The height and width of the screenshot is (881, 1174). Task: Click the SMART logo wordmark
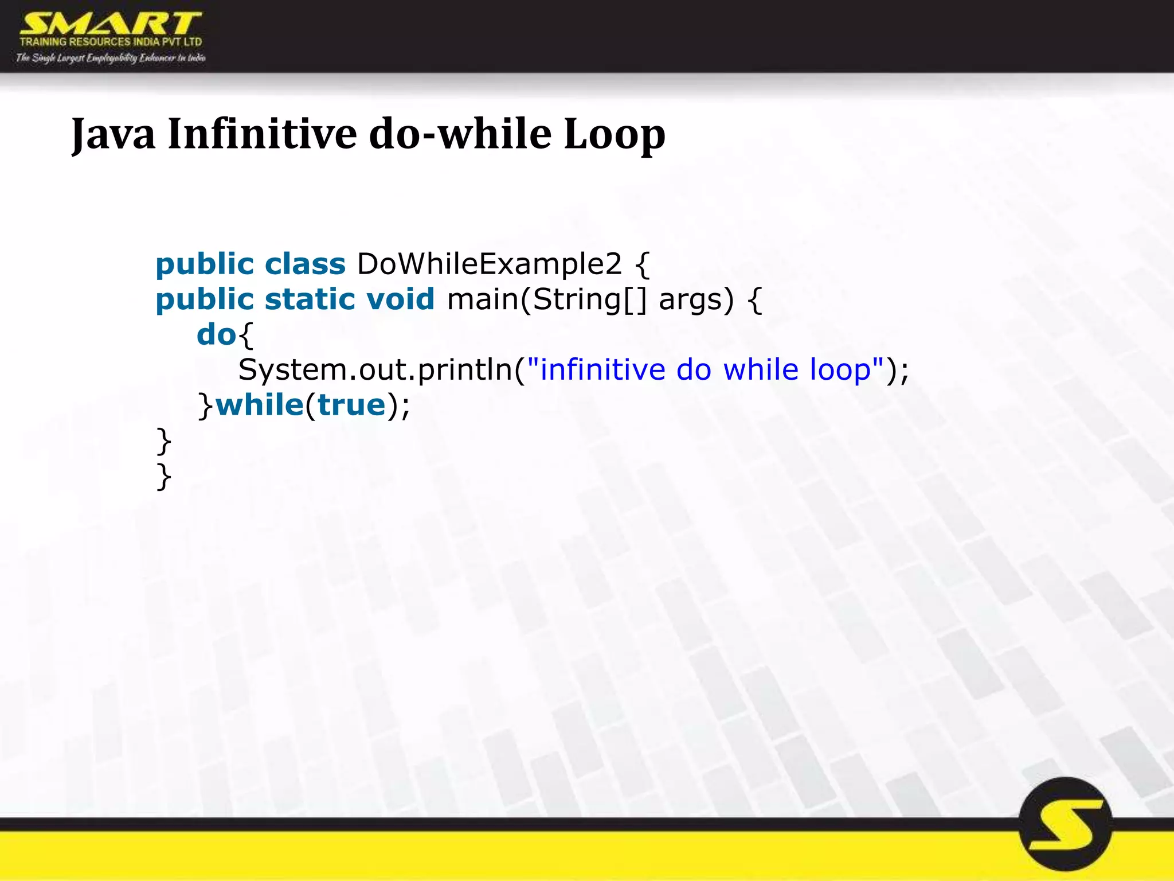point(111,24)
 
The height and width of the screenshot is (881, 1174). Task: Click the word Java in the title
point(113,134)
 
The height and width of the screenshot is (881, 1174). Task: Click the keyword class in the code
point(305,264)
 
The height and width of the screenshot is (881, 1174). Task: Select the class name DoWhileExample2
point(489,264)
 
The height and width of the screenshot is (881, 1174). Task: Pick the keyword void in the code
point(400,299)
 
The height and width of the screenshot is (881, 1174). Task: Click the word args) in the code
point(696,300)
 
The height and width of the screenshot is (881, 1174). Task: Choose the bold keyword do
point(216,335)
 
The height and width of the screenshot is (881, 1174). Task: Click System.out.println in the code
point(375,370)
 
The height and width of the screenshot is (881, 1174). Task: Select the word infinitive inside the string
point(602,370)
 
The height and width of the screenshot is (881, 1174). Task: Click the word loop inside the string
point(840,370)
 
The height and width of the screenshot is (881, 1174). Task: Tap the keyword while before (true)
point(259,405)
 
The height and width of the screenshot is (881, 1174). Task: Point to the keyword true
point(351,405)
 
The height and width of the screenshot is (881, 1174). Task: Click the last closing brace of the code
point(164,476)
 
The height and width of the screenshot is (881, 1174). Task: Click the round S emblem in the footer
point(1065,824)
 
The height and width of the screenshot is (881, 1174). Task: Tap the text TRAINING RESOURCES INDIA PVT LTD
point(111,42)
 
